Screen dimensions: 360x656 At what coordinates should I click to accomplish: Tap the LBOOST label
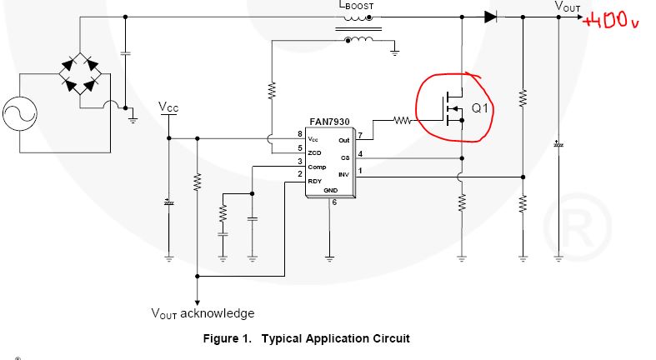click(356, 6)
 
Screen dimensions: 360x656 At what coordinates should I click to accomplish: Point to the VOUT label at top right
click(568, 6)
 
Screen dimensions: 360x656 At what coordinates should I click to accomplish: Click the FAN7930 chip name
click(329, 121)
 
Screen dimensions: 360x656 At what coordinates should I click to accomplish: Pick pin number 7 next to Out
click(359, 134)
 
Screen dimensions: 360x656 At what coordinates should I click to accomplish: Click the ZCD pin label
click(315, 152)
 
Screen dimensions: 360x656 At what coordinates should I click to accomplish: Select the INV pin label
click(343, 174)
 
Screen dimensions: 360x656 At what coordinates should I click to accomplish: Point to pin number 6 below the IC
click(333, 202)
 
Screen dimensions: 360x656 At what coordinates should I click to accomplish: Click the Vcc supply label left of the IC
click(168, 107)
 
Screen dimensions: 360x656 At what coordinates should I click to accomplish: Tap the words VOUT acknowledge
click(202, 313)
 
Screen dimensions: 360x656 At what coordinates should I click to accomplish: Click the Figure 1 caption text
click(307, 338)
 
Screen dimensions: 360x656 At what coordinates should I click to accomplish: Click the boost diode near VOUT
click(490, 16)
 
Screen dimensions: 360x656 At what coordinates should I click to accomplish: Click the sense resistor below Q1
click(462, 202)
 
